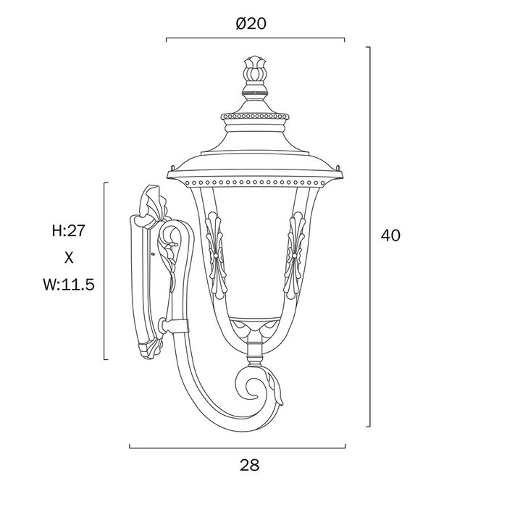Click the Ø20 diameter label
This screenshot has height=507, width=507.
click(x=251, y=24)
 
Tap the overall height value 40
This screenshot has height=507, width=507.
click(x=390, y=235)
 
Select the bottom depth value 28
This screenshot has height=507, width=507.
click(x=250, y=465)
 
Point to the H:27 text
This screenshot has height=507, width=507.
click(x=69, y=231)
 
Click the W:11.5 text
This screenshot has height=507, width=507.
click(x=69, y=285)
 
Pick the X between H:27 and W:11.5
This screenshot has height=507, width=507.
click(x=69, y=258)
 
